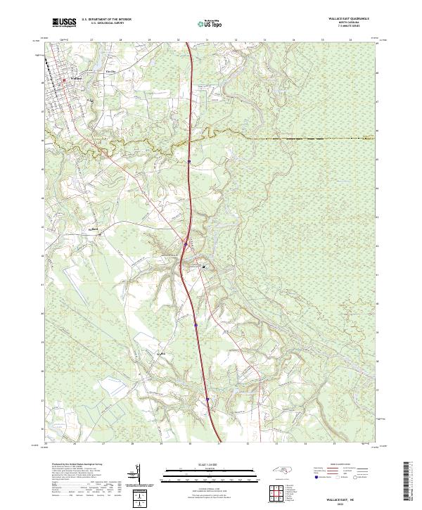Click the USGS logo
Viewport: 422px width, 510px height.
click(64, 23)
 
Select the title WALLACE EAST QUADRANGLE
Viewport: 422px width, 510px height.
click(347, 20)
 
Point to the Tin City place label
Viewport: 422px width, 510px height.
click(109, 71)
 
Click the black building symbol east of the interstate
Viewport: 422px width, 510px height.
click(205, 267)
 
